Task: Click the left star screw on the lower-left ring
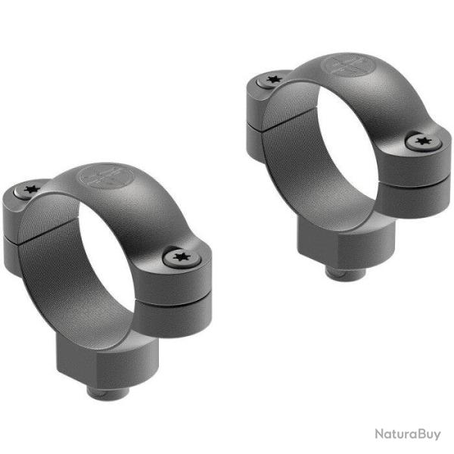click(32, 190)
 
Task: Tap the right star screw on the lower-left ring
click(180, 258)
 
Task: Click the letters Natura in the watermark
click(393, 434)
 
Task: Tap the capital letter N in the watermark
click(378, 434)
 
